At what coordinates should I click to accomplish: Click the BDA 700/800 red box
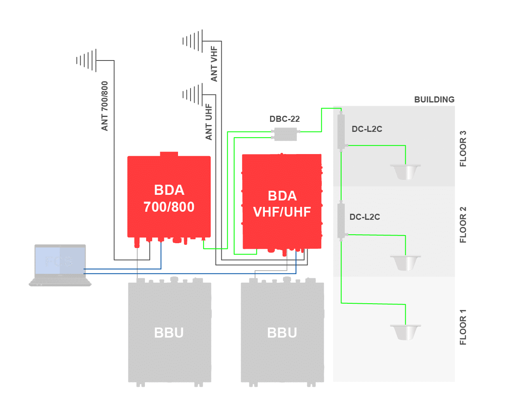click(x=169, y=198)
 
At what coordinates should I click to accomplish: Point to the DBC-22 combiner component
click(x=285, y=134)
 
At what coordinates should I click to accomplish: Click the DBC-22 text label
click(x=285, y=119)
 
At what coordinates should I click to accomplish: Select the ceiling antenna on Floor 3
click(x=405, y=171)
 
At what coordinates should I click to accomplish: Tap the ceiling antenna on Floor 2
click(x=405, y=263)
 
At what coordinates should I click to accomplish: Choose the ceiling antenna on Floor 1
click(x=405, y=332)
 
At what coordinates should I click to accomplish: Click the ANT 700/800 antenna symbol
click(x=87, y=60)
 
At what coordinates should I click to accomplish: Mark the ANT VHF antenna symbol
click(x=193, y=41)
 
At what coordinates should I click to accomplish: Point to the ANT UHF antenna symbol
click(x=193, y=95)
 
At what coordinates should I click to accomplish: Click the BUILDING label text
click(x=434, y=99)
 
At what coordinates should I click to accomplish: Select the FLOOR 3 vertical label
click(x=463, y=149)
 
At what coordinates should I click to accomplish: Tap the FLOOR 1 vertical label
click(x=463, y=327)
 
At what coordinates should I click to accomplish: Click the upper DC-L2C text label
click(x=367, y=129)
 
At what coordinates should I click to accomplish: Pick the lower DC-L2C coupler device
click(x=341, y=220)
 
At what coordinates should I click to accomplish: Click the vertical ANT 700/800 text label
click(x=105, y=106)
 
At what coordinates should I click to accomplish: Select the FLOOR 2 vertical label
click(x=463, y=225)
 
